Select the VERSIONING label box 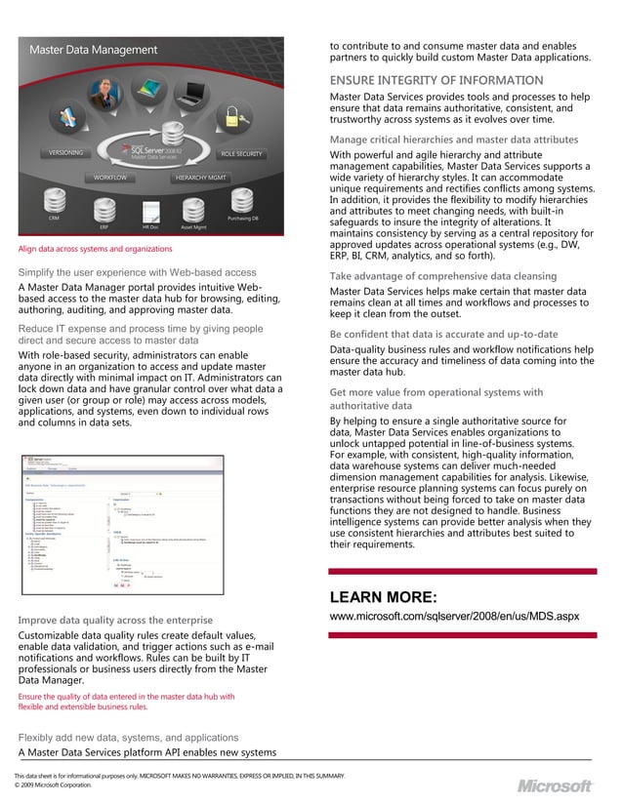coord(66,153)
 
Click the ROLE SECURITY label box coord(241,153)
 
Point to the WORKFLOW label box coord(110,178)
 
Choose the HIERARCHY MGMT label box coord(200,178)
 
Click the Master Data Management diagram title coord(93,50)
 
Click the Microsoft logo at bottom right coord(554,786)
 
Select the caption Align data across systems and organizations coord(95,249)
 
